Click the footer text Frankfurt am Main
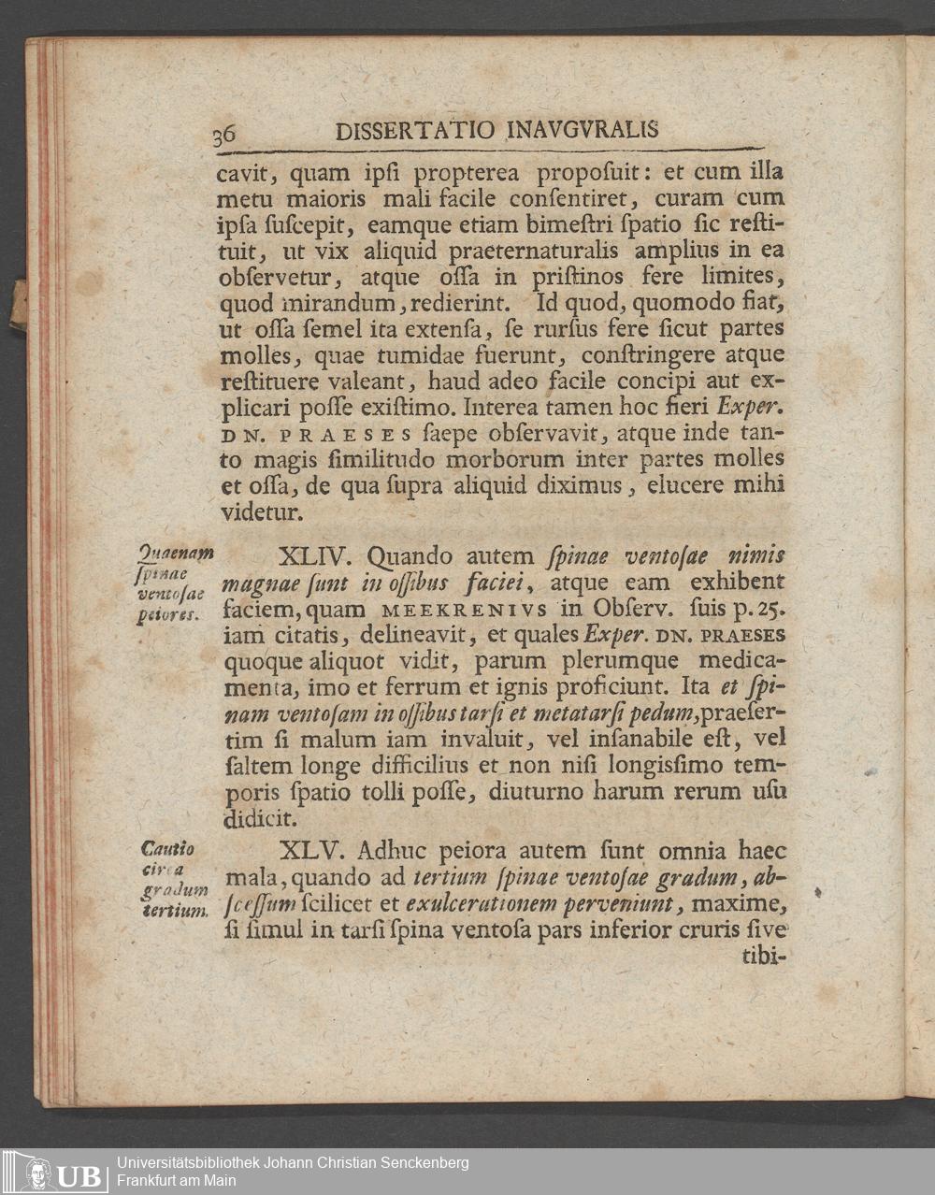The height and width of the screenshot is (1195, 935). point(176,1181)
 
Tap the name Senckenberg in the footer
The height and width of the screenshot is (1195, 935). point(424,1163)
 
